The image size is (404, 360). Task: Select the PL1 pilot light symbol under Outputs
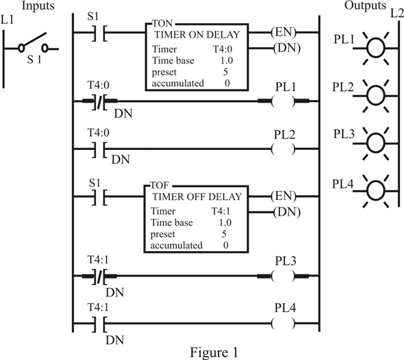click(x=376, y=47)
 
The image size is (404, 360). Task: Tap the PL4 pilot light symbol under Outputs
click(x=376, y=188)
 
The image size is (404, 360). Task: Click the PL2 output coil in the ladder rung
click(x=282, y=147)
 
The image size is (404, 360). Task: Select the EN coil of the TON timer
click(x=282, y=31)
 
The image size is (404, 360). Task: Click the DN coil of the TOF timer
click(x=282, y=212)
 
